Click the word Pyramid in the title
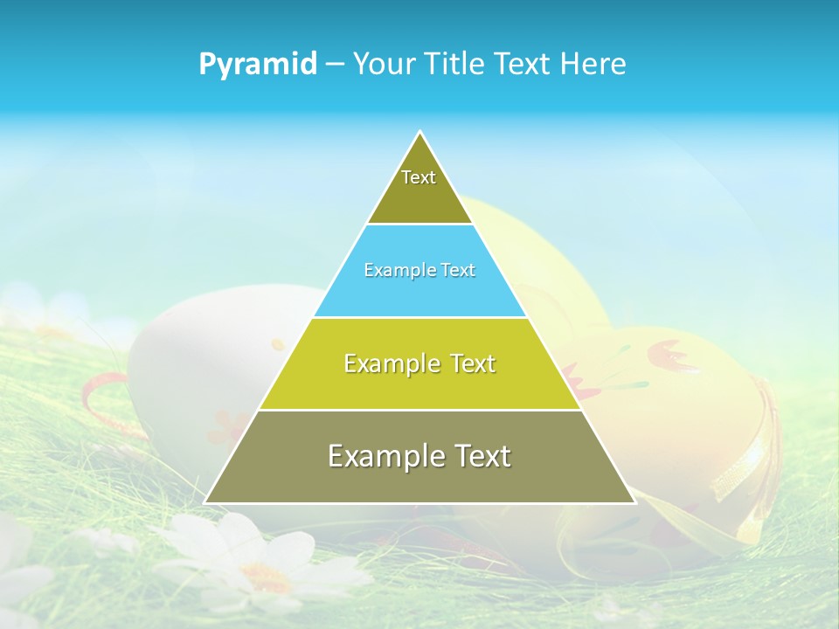pyautogui.click(x=258, y=65)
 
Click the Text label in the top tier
pyautogui.click(x=419, y=177)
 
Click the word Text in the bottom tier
pyautogui.click(x=478, y=456)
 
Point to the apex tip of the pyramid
pyautogui.click(x=420, y=133)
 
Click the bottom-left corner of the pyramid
pyautogui.click(x=205, y=502)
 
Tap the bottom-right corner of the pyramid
pyautogui.click(x=634, y=502)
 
